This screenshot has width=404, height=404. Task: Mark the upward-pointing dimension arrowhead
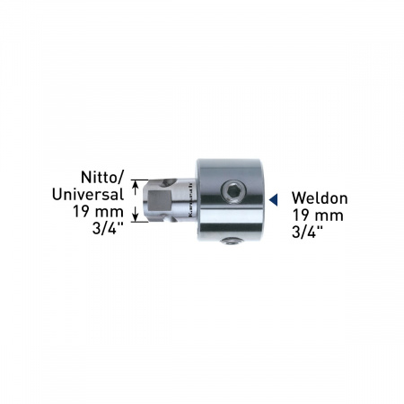tap(136, 185)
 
